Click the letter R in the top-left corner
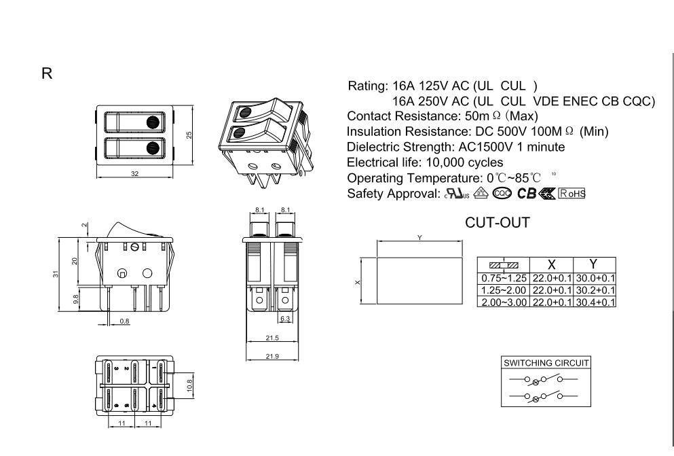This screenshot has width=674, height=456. [47, 73]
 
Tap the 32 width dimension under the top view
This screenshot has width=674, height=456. [134, 174]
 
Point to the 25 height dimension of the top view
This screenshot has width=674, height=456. [189, 135]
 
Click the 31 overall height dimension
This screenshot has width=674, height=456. [56, 274]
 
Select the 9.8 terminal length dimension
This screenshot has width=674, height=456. [76, 300]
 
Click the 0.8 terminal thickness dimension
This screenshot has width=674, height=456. [124, 321]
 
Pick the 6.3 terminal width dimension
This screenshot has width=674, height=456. [285, 319]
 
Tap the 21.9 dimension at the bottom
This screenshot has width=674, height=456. [272, 356]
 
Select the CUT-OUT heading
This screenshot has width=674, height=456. [498, 223]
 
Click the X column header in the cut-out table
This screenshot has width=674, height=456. [552, 264]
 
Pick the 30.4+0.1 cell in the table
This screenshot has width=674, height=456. [595, 302]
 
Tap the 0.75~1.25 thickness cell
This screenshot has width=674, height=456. [504, 279]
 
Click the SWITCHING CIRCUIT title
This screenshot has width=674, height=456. [546, 363]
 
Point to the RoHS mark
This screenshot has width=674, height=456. [572, 194]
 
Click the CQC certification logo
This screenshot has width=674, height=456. [502, 194]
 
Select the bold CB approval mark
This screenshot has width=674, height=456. [526, 194]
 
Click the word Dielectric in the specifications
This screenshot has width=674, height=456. [373, 147]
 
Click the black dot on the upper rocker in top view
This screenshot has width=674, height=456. [153, 122]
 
